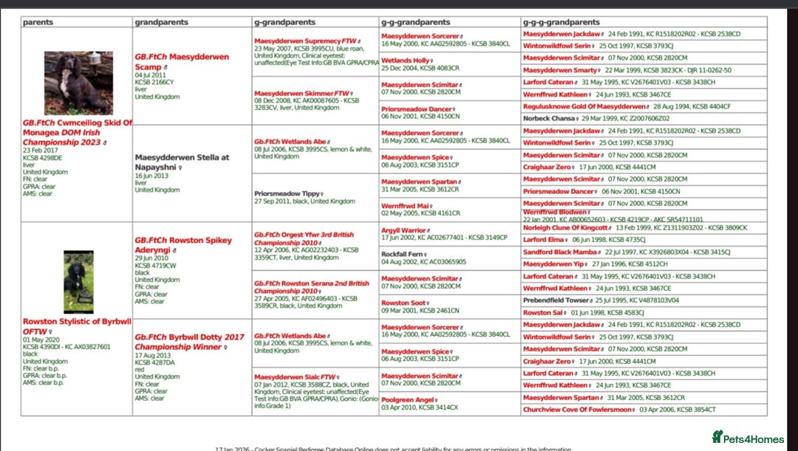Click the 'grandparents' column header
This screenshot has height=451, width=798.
tap(161, 22)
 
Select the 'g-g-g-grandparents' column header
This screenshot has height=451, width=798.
tap(561, 22)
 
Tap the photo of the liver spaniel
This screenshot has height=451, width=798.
tap(78, 82)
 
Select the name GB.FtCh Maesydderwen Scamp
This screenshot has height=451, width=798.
tap(181, 62)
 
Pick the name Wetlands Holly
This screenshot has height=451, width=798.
tap(406, 61)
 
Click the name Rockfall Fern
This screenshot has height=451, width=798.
tap(402, 254)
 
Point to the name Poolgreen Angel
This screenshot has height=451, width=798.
tap(407, 400)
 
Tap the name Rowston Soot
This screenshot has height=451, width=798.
tap(403, 303)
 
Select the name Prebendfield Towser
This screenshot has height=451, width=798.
tap(556, 300)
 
